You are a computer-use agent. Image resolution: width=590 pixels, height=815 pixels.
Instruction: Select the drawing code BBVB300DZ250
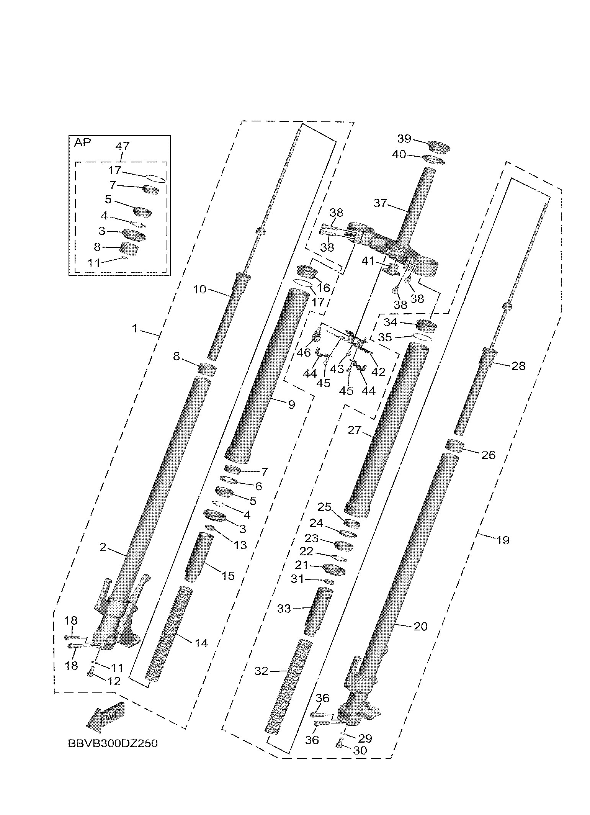(113, 743)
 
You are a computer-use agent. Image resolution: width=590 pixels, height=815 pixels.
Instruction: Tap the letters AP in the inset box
(83, 143)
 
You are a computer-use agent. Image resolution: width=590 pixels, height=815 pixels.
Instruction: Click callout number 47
(122, 146)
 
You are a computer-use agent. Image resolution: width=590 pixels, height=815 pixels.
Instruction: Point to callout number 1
(134, 328)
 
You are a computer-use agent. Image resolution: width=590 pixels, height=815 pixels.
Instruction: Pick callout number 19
(503, 540)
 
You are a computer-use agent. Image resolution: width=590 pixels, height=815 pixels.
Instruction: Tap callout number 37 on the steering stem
(380, 203)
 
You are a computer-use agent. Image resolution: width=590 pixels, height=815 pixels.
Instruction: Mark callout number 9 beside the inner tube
(291, 404)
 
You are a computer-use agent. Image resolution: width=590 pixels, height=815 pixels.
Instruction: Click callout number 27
(355, 430)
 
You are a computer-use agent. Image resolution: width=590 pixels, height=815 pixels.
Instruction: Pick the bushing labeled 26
(455, 447)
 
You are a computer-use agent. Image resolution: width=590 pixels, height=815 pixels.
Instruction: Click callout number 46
(304, 352)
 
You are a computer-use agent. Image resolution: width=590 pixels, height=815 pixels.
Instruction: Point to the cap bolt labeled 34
(426, 326)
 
